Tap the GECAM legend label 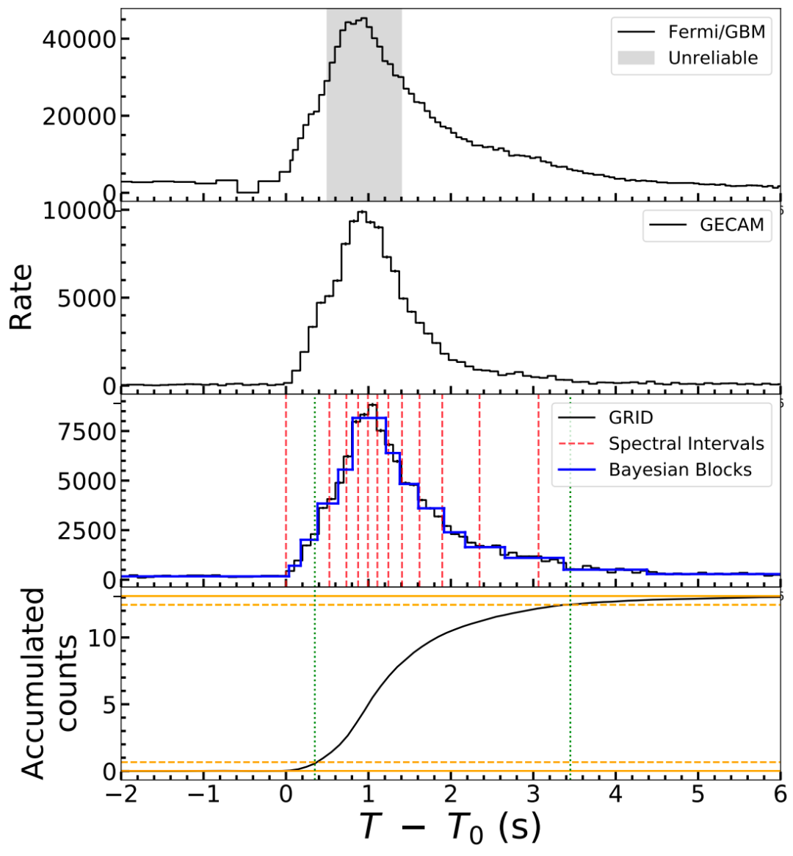pyautogui.click(x=731, y=225)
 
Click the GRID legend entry pyautogui.click(x=630, y=418)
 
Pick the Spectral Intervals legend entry pyautogui.click(x=686, y=444)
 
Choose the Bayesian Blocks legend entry pyautogui.click(x=680, y=470)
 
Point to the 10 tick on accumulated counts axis pyautogui.click(x=102, y=638)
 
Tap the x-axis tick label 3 pyautogui.click(x=533, y=795)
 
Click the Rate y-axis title pyautogui.click(x=22, y=297)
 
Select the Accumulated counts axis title pyautogui.click(x=48, y=683)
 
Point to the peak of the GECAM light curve pyautogui.click(x=361, y=212)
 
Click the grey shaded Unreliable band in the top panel pyautogui.click(x=364, y=147)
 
